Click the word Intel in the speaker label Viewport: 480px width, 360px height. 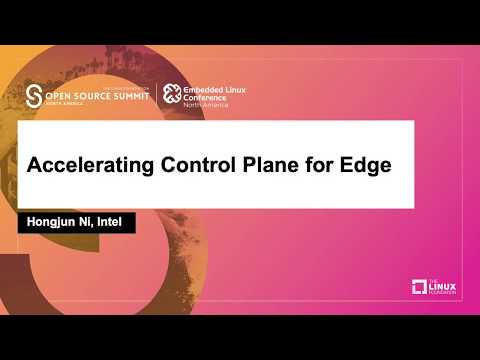pos(109,221)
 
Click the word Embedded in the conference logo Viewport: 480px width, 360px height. pos(204,89)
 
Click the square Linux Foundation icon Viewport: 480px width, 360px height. pos(420,287)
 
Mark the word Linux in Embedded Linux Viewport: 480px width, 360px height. pos(241,89)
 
